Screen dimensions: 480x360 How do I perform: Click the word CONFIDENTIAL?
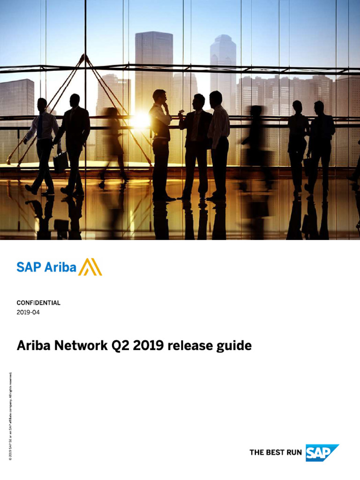pyautogui.click(x=38, y=303)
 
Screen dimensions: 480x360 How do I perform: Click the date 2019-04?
pyautogui.click(x=28, y=312)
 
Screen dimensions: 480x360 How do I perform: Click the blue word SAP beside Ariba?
pyautogui.click(x=29, y=267)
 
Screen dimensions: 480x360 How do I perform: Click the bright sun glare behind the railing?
pyautogui.click(x=139, y=121)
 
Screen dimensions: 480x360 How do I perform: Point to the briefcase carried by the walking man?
pyautogui.click(x=60, y=162)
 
